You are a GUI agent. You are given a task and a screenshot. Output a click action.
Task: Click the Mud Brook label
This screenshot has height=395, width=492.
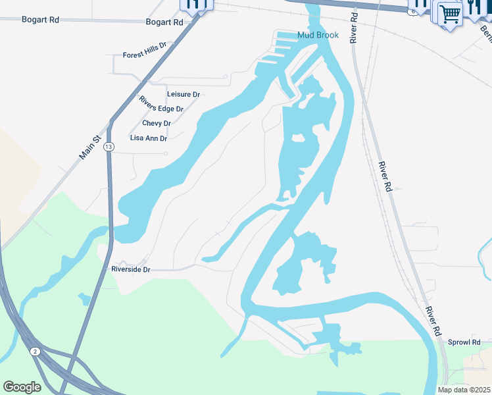pyautogui.click(x=318, y=35)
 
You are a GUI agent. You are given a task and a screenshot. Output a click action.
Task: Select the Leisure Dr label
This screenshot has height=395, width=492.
pyautogui.click(x=183, y=95)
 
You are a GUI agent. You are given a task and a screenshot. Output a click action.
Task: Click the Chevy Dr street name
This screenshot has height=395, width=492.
pyautogui.click(x=157, y=123)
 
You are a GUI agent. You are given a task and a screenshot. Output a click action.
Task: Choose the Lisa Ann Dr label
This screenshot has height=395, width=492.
pyautogui.click(x=149, y=138)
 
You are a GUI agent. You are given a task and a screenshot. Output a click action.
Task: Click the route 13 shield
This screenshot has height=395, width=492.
pyautogui.click(x=109, y=146)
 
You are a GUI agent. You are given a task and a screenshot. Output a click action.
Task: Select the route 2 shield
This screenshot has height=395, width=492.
pyautogui.click(x=36, y=352)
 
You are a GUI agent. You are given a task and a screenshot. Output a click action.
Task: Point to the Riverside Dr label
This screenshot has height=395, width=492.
pyautogui.click(x=131, y=269)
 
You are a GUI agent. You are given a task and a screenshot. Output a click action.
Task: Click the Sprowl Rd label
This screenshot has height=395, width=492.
pyautogui.click(x=464, y=342)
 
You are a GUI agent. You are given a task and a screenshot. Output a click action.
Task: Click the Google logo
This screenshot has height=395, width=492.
pyautogui.click(x=22, y=387)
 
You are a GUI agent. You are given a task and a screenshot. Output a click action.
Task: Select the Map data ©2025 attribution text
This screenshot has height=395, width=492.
pyautogui.click(x=464, y=390)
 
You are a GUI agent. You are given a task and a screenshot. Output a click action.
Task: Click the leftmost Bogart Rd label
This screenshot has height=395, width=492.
pyautogui.click(x=40, y=20)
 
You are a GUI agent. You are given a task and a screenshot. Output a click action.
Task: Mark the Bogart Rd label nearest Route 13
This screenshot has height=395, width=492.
pyautogui.click(x=164, y=22)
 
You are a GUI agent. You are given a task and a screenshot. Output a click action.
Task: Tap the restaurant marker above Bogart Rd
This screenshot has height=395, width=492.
pyautogui.click(x=193, y=5)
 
